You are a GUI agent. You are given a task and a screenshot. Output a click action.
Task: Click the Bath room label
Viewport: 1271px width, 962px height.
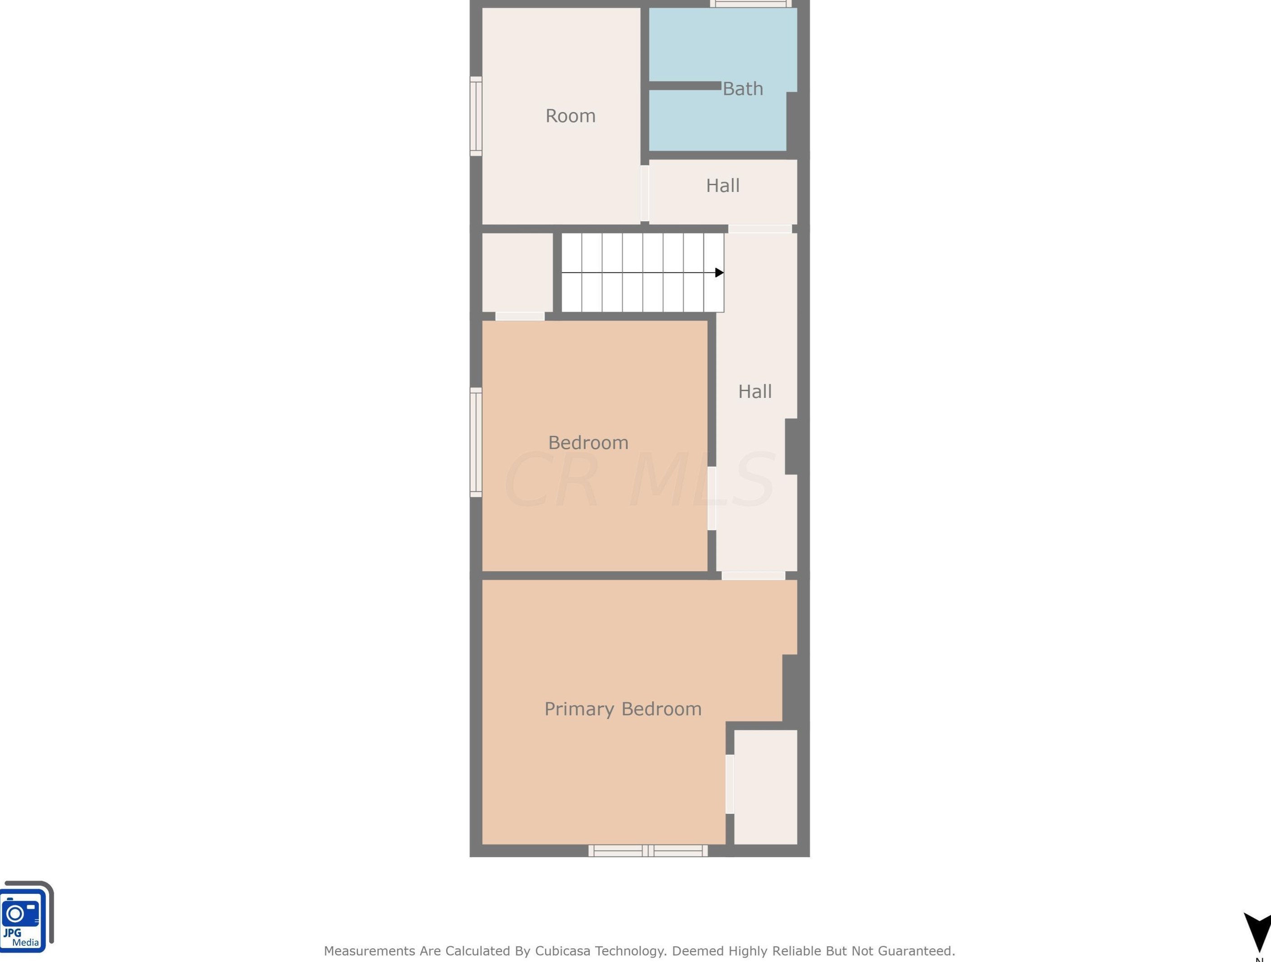pos(742,89)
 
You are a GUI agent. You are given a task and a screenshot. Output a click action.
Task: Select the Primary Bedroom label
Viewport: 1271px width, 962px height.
pos(623,709)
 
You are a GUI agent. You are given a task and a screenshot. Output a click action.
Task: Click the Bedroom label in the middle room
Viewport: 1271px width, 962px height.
pos(588,443)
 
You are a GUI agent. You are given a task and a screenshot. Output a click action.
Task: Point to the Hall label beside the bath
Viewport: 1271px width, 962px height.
pos(722,186)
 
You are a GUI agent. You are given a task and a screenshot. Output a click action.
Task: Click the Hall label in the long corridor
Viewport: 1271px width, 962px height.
pos(754,392)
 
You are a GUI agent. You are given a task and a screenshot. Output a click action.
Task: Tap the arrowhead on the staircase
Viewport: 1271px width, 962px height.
pos(719,273)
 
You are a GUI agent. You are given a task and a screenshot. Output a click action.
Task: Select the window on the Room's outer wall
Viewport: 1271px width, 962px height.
pos(476,116)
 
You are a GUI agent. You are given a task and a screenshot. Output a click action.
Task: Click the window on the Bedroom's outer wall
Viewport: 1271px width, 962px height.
pos(476,443)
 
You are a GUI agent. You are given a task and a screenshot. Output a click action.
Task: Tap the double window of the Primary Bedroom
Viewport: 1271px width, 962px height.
pos(648,850)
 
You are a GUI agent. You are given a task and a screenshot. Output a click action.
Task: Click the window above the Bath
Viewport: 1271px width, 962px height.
pos(750,4)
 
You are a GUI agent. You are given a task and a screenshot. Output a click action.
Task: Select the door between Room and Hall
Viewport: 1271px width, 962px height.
pos(645,194)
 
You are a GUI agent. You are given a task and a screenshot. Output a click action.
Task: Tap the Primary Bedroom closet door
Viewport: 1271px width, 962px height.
pos(730,785)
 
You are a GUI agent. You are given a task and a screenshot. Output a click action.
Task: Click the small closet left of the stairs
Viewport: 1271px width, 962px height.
pos(517,272)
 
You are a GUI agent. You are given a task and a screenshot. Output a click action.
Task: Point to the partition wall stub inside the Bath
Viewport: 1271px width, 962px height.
pos(685,86)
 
